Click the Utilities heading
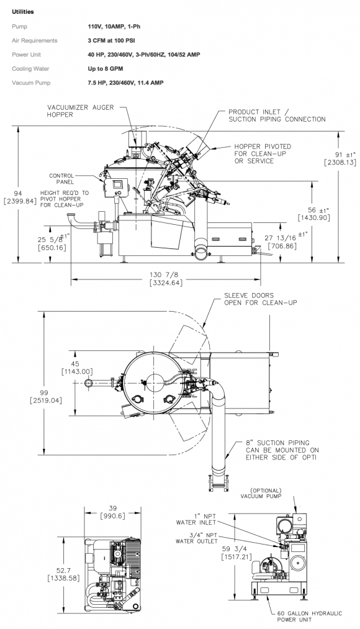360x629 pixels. (x=23, y=12)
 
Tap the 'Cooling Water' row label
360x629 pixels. (x=30, y=68)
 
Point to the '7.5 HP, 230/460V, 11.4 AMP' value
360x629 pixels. (x=125, y=83)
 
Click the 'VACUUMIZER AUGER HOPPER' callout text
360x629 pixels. (x=81, y=111)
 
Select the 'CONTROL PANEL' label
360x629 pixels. (x=61, y=179)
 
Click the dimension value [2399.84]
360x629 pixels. (x=20, y=201)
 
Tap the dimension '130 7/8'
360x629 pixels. (x=166, y=275)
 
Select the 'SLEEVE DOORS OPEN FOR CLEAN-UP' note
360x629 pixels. (x=261, y=299)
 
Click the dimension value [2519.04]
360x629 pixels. (x=46, y=400)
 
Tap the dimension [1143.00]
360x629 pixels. (x=77, y=371)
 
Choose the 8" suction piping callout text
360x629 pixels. (x=282, y=450)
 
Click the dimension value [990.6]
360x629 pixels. (x=112, y=516)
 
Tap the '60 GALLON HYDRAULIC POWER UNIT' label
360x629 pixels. (x=310, y=617)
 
